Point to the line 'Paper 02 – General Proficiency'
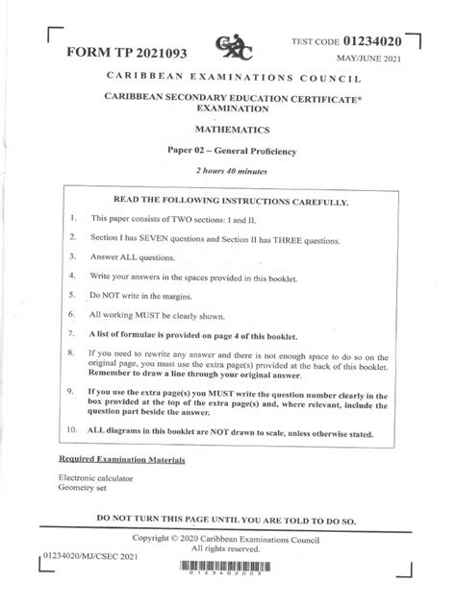tap(227, 152)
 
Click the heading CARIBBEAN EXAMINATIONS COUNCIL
tap(227, 75)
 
